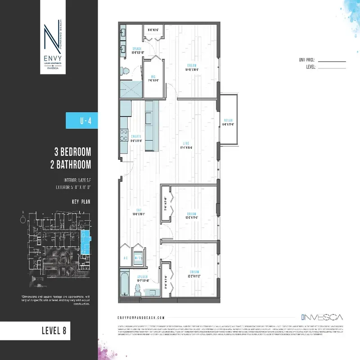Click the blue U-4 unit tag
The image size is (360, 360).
[x=82, y=121]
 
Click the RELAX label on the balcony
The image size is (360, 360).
[x=229, y=120]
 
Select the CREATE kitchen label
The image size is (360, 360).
[x=136, y=137]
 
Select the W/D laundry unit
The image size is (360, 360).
[x=139, y=258]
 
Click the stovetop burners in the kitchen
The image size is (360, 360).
[x=123, y=134]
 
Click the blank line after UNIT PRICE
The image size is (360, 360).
[x=333, y=60]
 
